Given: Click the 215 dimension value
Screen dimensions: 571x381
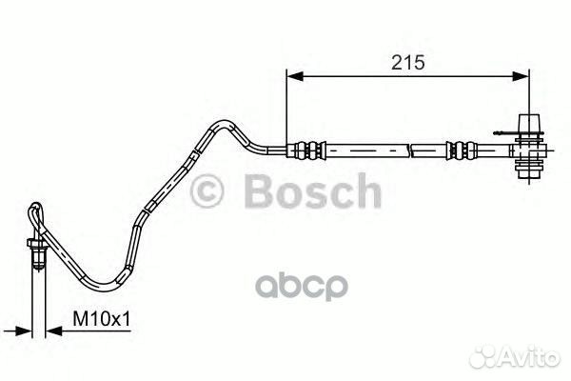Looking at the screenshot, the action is click(408, 62).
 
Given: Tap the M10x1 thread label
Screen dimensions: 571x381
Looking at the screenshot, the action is click(101, 319).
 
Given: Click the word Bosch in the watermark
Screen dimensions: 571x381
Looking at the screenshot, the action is click(313, 191).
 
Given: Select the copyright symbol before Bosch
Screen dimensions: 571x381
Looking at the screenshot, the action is click(207, 191).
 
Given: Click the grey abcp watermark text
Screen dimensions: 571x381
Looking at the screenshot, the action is click(302, 286).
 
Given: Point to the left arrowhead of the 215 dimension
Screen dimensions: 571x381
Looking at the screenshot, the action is click(295, 76).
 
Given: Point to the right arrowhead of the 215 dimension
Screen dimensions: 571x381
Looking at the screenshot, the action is click(521, 76).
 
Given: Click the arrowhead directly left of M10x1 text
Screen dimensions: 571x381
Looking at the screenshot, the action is click(53, 331).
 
